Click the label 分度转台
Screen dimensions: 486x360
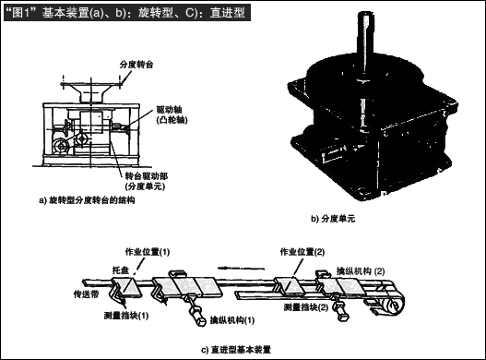point(136,65)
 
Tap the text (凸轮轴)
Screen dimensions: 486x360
point(172,120)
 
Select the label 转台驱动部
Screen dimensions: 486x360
point(147,176)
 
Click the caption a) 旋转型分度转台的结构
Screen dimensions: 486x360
point(87,200)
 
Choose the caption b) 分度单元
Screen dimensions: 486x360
point(333,219)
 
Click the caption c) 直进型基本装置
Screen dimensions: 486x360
point(236,350)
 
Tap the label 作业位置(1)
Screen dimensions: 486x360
point(148,252)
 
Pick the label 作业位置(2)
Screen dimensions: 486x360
point(302,252)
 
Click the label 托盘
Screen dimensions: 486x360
point(121,270)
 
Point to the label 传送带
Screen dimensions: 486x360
point(86,294)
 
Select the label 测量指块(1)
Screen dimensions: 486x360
point(126,316)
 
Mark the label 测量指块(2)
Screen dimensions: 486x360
point(306,307)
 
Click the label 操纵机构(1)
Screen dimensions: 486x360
point(232,320)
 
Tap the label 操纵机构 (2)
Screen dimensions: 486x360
point(361,271)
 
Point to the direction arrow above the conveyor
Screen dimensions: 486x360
point(241,268)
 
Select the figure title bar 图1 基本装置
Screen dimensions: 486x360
point(127,13)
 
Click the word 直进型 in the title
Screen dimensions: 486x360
point(228,13)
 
